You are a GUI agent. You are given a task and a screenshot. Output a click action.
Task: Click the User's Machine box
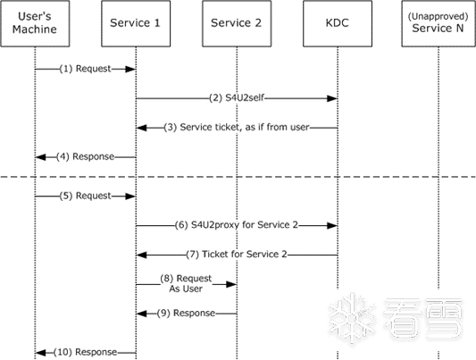pos(35,24)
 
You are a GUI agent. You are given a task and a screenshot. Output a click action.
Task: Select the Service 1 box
pos(136,24)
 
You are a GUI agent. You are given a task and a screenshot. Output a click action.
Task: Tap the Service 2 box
pos(237,24)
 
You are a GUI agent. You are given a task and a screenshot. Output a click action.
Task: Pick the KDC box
pos(338,24)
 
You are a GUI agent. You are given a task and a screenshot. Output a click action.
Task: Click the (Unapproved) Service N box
pos(438,24)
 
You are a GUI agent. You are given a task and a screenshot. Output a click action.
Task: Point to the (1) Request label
pos(86,69)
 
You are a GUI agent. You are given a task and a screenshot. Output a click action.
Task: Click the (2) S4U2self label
pos(237,98)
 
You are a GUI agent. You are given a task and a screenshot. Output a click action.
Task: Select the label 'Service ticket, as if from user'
pos(245,127)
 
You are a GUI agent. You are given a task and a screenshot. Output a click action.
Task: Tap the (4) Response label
pos(86,157)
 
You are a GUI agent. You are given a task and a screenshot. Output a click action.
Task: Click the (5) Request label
pos(86,197)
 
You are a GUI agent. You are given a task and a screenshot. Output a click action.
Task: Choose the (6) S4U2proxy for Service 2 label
pos(237,225)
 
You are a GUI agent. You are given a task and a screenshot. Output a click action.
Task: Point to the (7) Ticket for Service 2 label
pos(237,255)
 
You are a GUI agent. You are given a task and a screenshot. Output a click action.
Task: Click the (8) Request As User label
pos(186,283)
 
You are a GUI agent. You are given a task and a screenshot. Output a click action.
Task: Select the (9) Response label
pos(186,314)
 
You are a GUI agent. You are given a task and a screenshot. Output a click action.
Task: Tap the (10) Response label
pos(86,353)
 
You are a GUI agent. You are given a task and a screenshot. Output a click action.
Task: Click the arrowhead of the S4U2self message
pos(332,98)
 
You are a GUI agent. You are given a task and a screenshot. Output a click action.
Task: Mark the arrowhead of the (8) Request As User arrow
pos(231,284)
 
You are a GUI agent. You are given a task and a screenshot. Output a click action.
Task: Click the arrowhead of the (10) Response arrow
pos(40,353)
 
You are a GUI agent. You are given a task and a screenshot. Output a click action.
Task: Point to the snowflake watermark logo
pos(352,318)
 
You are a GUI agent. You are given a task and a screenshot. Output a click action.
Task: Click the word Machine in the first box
pos(35,29)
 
